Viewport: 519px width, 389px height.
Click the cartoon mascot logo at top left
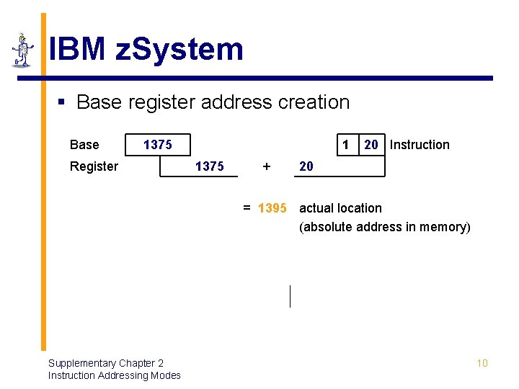(x=23, y=50)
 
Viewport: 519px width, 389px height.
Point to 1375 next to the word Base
(x=157, y=145)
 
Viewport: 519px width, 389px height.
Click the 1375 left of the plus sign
(x=209, y=166)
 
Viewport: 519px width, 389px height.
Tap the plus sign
(x=267, y=166)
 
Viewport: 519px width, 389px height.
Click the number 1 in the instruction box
(x=345, y=145)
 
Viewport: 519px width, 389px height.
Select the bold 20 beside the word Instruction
(x=371, y=145)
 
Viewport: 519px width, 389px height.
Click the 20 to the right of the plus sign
(x=306, y=166)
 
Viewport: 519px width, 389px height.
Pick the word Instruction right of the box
(x=420, y=145)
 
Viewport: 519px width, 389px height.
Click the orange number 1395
(x=272, y=208)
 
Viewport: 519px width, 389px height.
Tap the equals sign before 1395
(x=247, y=208)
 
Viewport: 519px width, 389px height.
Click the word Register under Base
(x=94, y=166)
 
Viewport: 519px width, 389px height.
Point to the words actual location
(x=340, y=208)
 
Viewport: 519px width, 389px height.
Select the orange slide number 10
(x=482, y=363)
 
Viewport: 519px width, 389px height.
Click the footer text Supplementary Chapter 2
(x=106, y=363)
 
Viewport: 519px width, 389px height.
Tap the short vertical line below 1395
(x=290, y=296)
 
